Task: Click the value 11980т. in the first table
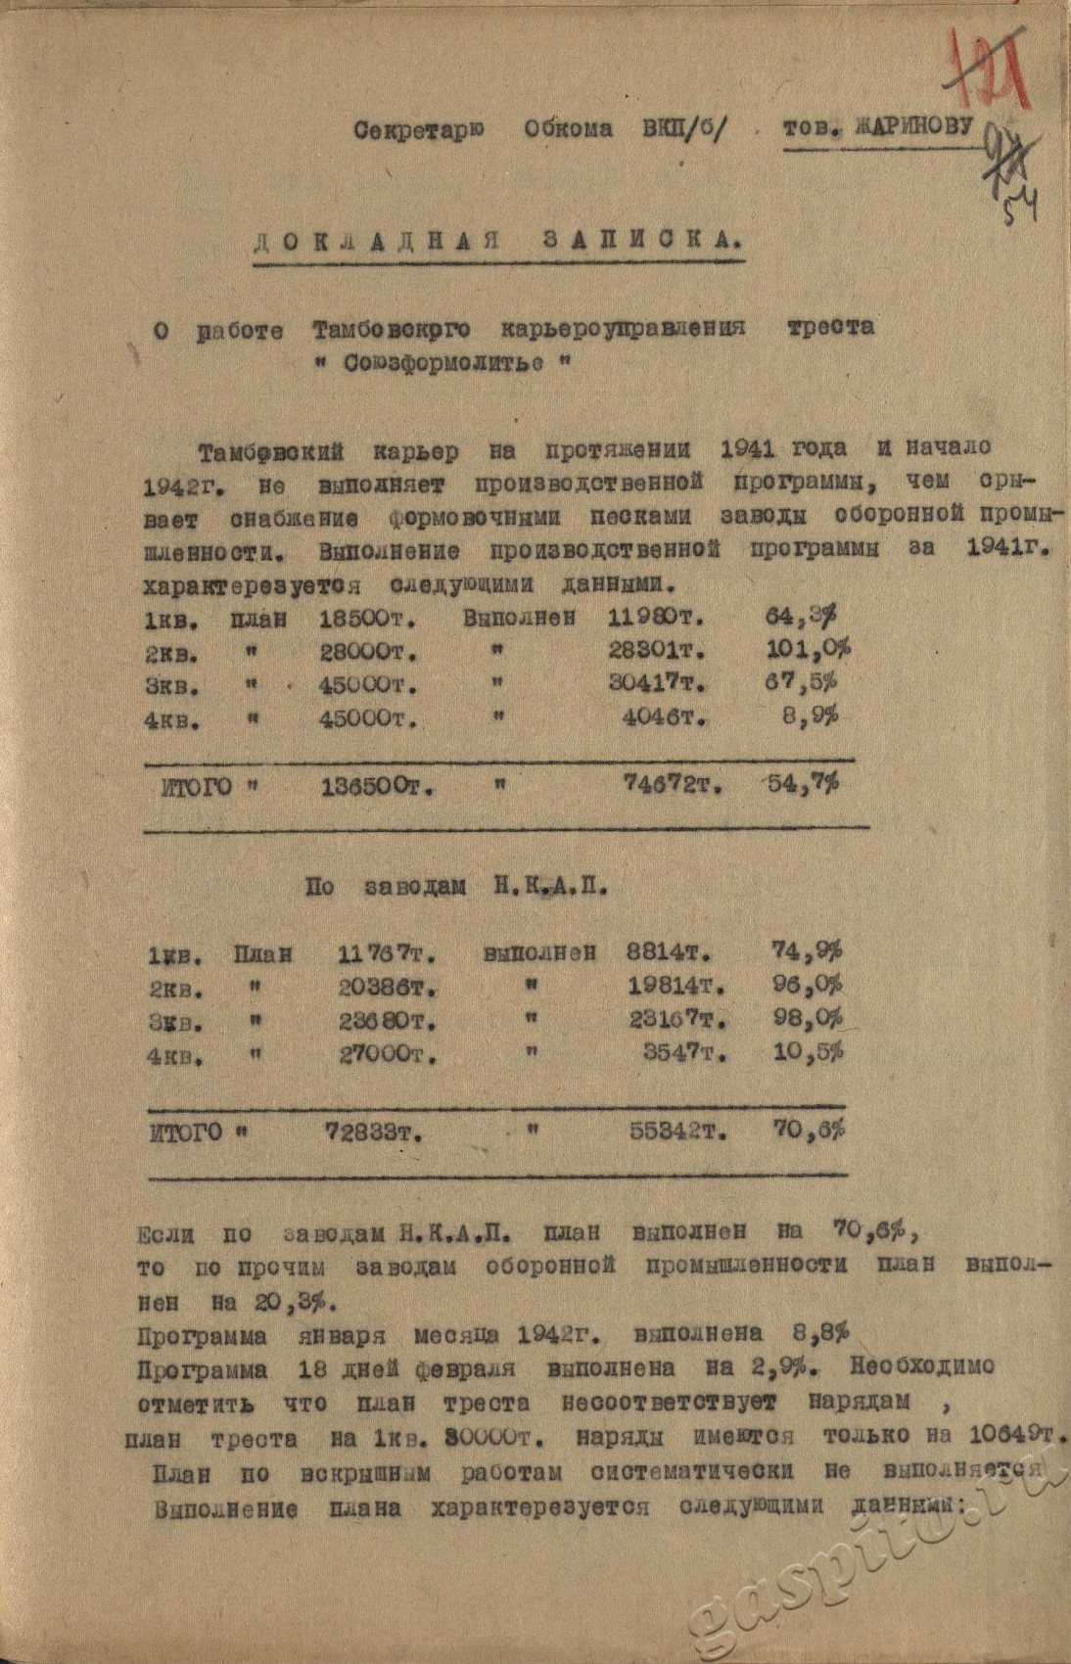coord(659,619)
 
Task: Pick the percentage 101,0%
coord(808,650)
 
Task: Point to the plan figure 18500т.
coord(368,619)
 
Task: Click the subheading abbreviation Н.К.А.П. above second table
coord(545,889)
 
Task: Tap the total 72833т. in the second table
coord(373,1133)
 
